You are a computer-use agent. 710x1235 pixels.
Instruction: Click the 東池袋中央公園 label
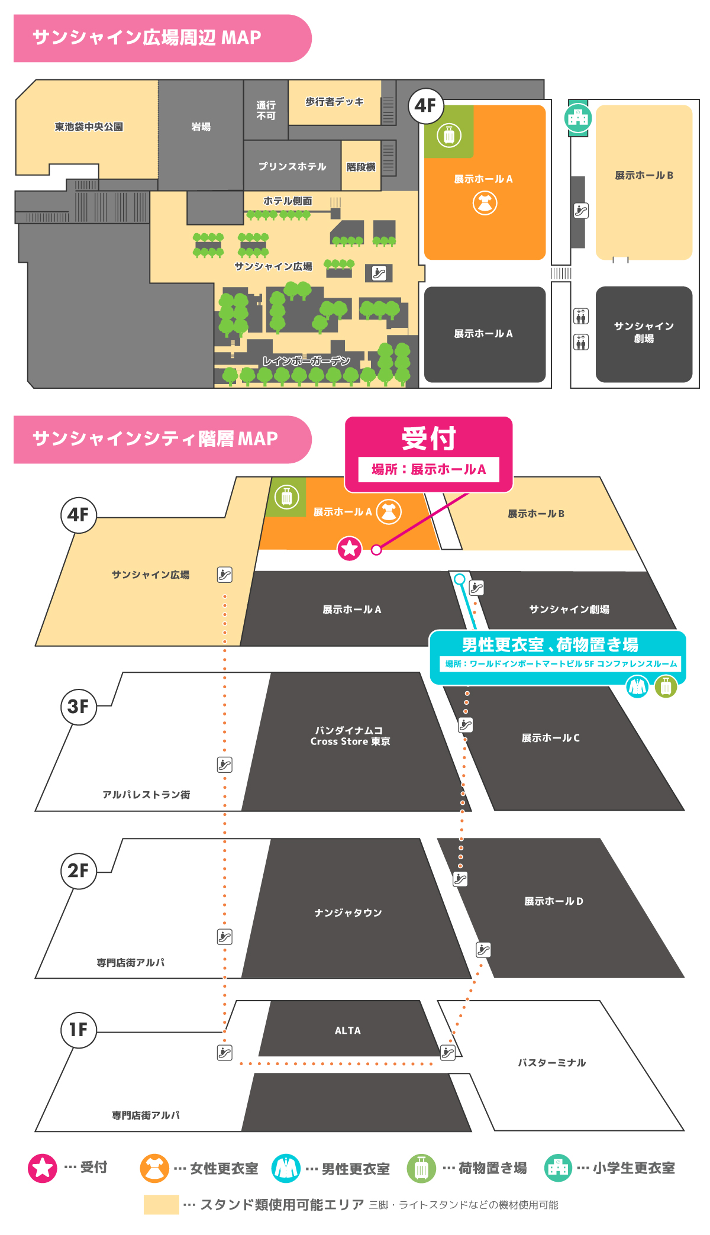tap(89, 127)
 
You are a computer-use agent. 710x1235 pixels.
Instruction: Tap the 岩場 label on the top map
tap(201, 127)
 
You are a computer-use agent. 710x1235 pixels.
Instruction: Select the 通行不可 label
tap(266, 110)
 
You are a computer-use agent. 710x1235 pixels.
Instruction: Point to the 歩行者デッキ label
tap(334, 102)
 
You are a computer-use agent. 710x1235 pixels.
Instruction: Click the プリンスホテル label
tap(292, 166)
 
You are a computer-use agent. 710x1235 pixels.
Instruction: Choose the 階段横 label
tap(361, 167)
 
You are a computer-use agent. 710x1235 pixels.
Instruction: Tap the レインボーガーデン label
tap(306, 361)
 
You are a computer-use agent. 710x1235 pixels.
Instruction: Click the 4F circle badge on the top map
tap(425, 106)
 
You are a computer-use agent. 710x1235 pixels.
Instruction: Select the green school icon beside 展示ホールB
tap(578, 118)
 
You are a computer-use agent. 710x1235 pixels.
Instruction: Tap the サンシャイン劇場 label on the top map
tap(644, 332)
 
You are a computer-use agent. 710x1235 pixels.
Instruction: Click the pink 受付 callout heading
tap(428, 438)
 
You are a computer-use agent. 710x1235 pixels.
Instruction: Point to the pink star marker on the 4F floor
tap(350, 549)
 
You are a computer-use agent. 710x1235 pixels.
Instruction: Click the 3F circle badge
tap(78, 706)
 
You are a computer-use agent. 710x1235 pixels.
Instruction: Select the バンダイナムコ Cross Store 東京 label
tap(350, 736)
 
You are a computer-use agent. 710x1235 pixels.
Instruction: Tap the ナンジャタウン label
tap(348, 912)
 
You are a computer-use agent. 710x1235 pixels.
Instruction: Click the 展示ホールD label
tap(553, 901)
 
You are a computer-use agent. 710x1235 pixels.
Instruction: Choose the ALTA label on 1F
tap(347, 1030)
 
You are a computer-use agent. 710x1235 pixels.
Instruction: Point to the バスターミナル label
tap(551, 1063)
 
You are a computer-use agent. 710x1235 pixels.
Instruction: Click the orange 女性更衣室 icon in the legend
tap(154, 1168)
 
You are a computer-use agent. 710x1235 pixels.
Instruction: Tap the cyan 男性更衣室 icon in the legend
tap(286, 1168)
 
